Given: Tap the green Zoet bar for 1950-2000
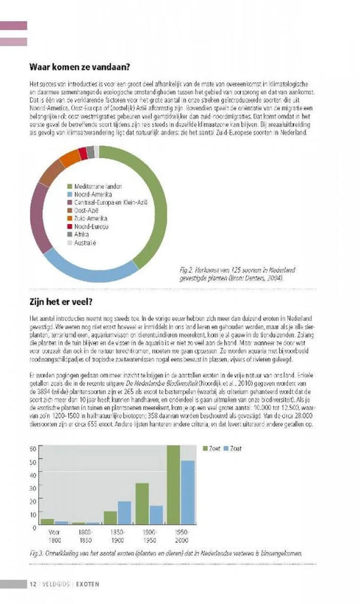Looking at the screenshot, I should pyautogui.click(x=173, y=485).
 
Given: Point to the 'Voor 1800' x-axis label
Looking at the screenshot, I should pyautogui.click(x=54, y=537).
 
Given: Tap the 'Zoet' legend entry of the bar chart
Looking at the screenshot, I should pyautogui.click(x=215, y=447).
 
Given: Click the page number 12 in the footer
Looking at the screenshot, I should pyautogui.click(x=33, y=584).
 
